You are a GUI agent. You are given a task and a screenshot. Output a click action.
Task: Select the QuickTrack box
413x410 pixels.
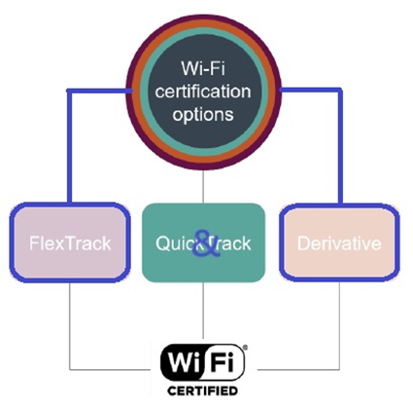coord(203,242)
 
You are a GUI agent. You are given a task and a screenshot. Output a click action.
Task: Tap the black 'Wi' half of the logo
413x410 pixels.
coord(184,362)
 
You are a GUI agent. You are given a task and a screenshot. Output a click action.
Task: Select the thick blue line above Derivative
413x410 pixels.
coord(343,146)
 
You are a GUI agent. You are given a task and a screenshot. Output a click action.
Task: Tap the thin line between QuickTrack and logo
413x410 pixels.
coord(203,312)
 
